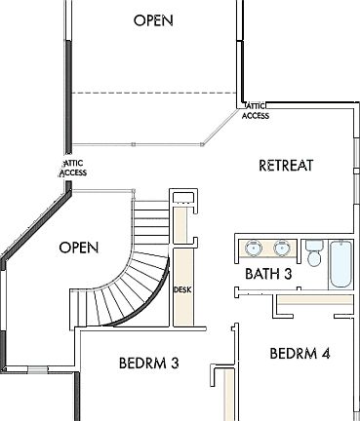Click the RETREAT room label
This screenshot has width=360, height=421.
click(286, 165)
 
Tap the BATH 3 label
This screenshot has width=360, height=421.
click(268, 275)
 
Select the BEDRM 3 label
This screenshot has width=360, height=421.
click(148, 363)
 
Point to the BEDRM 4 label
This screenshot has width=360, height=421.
click(300, 353)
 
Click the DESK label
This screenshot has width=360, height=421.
click(182, 290)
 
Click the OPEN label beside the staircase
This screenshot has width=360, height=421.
click(79, 248)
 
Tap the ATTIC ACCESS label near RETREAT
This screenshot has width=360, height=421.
click(256, 111)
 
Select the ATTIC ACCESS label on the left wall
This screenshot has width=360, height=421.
click(73, 169)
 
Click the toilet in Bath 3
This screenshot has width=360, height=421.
click(314, 256)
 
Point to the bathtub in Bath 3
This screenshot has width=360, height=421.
click(340, 263)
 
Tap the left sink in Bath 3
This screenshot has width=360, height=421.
click(252, 248)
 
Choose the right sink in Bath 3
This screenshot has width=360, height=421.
click(283, 248)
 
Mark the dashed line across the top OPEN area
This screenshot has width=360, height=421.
click(156, 95)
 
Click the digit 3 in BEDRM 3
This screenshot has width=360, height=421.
click(175, 363)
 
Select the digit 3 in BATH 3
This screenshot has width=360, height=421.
click(288, 275)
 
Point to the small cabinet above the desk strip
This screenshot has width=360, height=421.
click(184, 199)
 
